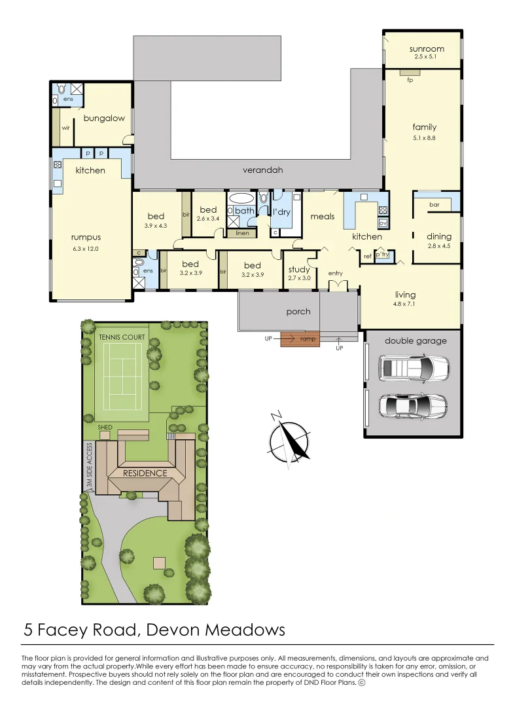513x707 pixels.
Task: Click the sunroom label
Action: tap(427, 49)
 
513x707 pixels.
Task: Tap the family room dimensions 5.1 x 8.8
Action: tap(424, 138)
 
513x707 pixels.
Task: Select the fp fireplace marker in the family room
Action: tap(410, 81)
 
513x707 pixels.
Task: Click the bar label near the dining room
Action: tap(433, 205)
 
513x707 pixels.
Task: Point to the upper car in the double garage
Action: tap(414, 369)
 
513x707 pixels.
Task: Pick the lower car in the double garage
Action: tap(413, 406)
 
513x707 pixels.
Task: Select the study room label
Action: tap(299, 270)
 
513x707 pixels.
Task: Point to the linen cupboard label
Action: tap(242, 233)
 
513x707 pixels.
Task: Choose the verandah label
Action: tap(262, 170)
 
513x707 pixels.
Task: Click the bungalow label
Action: tap(104, 118)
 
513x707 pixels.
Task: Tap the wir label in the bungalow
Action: tap(66, 128)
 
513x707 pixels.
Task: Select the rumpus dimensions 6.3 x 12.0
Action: tap(86, 249)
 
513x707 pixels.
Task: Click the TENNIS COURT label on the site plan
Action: tap(122, 337)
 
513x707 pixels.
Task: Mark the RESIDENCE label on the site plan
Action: tap(145, 473)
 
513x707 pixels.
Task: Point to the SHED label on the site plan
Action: tap(105, 427)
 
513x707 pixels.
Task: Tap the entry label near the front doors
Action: tap(336, 273)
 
